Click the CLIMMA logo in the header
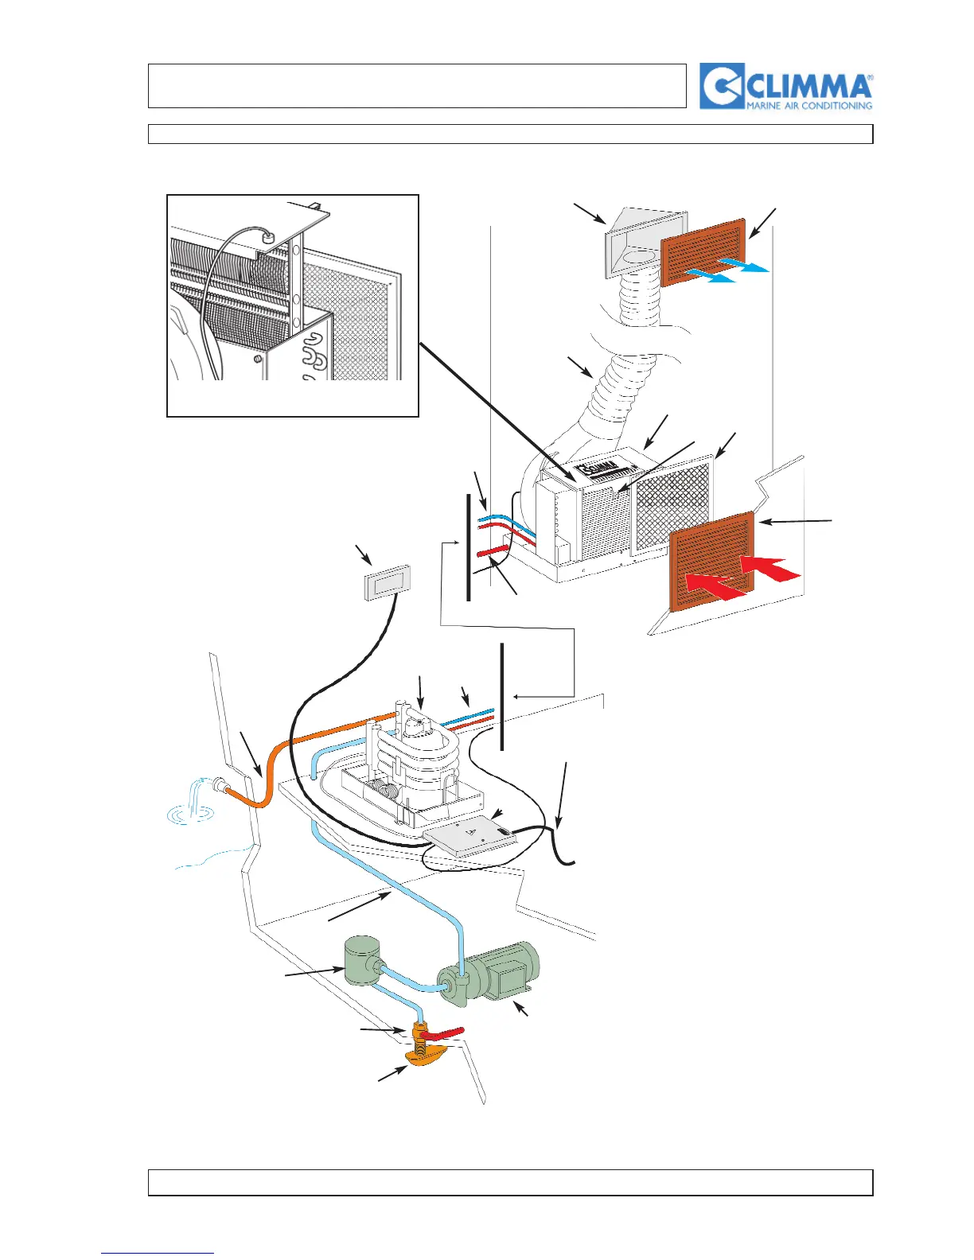tap(785, 86)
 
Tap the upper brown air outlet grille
tap(703, 252)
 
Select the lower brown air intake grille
tap(711, 562)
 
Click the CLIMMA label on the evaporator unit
tap(598, 469)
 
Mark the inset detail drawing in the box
tap(292, 305)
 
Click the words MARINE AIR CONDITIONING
tap(808, 105)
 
